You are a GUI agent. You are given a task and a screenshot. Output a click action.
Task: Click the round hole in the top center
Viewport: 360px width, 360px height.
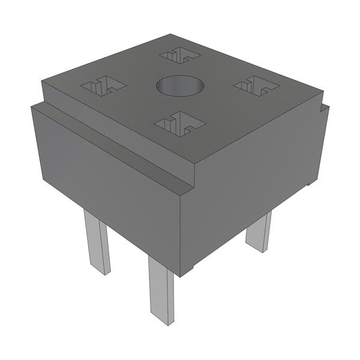(180, 86)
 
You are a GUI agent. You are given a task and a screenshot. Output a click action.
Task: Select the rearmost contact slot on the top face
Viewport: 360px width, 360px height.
(180, 55)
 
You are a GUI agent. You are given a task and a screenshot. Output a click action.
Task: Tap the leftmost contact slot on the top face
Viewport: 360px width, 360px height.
(103, 86)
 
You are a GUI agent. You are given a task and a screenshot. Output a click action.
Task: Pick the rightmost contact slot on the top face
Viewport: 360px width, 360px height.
(256, 86)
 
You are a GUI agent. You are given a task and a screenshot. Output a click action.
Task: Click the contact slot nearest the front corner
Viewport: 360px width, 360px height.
(179, 124)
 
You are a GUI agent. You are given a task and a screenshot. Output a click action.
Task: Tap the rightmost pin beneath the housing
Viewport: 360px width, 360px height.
(259, 231)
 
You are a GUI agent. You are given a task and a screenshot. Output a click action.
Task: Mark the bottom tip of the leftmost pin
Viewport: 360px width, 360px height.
(100, 272)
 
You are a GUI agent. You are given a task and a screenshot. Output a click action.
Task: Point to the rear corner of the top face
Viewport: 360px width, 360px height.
(170, 35)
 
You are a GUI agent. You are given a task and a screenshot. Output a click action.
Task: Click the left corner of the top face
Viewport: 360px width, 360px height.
(42, 80)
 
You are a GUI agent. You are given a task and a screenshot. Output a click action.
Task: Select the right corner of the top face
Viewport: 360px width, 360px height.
(323, 91)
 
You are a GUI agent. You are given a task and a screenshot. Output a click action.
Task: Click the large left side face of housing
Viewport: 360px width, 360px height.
(108, 192)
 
